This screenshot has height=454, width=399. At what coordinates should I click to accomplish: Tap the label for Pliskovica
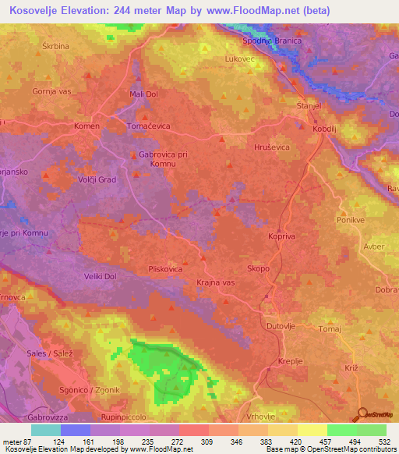(166, 269)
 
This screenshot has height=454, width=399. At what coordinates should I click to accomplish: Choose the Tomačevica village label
(148, 126)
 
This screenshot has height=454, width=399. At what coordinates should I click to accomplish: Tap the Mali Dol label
(143, 94)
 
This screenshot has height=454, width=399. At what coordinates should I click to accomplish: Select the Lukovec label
(238, 59)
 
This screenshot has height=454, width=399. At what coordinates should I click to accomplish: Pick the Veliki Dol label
(100, 276)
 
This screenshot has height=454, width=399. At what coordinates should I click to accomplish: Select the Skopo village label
(259, 268)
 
